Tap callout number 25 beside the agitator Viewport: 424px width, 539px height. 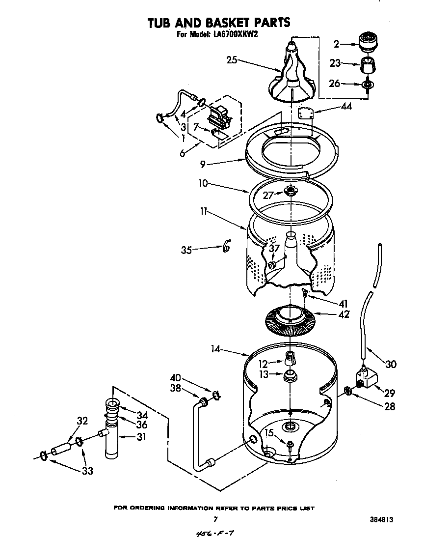[232, 60]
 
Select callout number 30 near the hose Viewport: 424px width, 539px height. [391, 364]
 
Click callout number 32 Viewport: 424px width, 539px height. [82, 420]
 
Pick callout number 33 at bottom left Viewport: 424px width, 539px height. [87, 471]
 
